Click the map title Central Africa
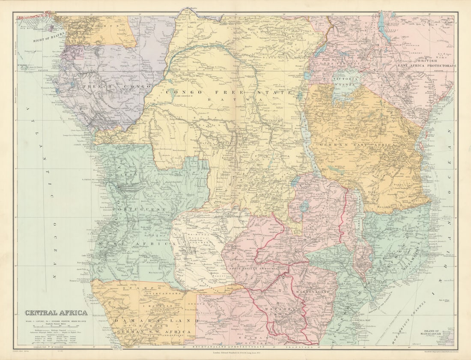[56, 313]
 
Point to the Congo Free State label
[229, 92]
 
